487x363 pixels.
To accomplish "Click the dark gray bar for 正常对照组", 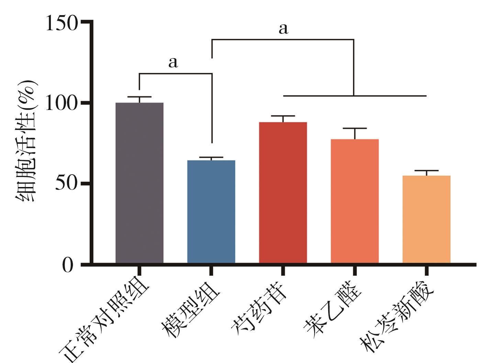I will click(139, 182).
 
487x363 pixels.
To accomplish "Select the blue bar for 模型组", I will click(211, 211).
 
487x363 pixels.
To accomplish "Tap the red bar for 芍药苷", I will click(283, 192).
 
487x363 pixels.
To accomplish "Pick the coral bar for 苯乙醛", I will click(355, 201).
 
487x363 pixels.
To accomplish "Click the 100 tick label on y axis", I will click(61, 103).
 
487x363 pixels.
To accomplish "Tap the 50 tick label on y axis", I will click(65, 184).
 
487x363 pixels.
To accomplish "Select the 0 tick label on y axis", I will click(68, 265).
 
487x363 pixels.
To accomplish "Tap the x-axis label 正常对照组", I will click(105, 321).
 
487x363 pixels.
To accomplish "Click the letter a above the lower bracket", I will click(173, 62).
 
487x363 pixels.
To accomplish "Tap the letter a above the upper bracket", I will click(283, 29).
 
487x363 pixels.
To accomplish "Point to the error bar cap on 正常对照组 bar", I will click(139, 97).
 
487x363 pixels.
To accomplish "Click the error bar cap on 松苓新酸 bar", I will click(427, 170).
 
